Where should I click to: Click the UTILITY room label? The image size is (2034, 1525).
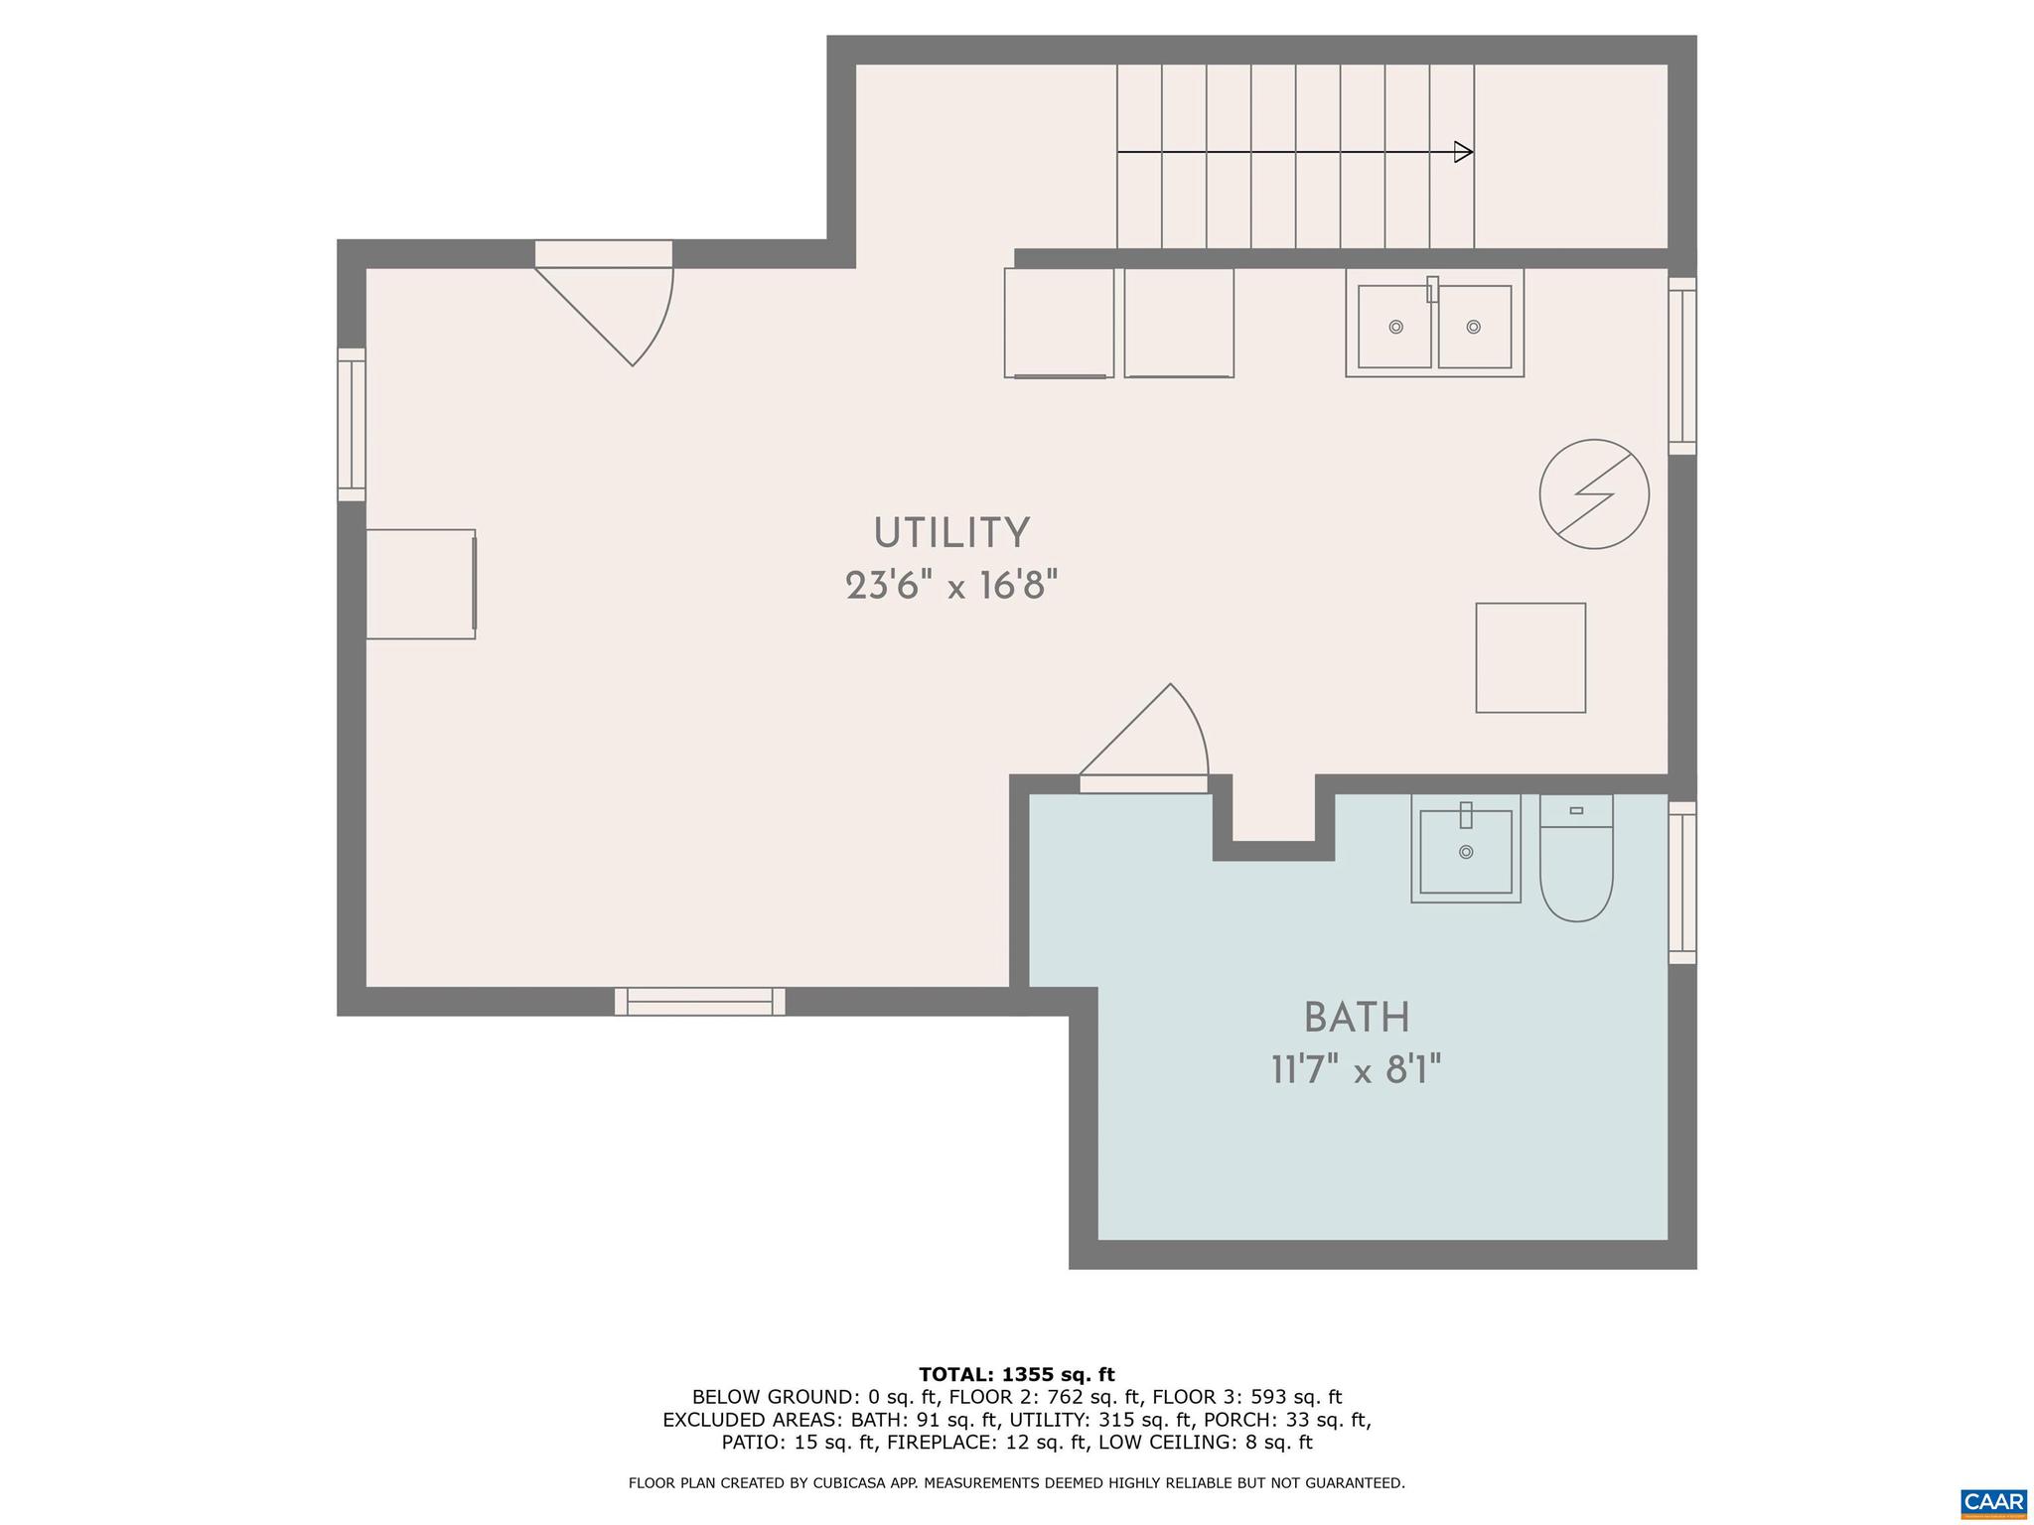(951, 533)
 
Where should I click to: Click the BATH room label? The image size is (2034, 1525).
(1357, 1018)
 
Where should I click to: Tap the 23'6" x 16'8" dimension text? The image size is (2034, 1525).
(951, 586)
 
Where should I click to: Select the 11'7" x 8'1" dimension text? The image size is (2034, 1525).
(1357, 1070)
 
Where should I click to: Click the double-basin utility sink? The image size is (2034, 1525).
(1434, 324)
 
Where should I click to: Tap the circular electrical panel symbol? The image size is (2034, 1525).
(1594, 494)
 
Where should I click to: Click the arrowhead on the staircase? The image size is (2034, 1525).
(1463, 152)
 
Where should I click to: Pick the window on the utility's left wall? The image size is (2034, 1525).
(352, 425)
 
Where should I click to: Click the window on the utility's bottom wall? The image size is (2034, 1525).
(700, 1001)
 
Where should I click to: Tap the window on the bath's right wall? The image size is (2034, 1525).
(1681, 883)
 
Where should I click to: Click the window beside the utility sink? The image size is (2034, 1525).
(1681, 366)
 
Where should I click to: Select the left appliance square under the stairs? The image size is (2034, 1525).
(1059, 323)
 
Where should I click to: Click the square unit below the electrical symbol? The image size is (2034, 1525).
(1529, 657)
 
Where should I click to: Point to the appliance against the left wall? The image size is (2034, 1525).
(421, 584)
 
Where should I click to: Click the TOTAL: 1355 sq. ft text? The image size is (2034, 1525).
(1016, 1375)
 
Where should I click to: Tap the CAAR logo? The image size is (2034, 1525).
(1993, 1502)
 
